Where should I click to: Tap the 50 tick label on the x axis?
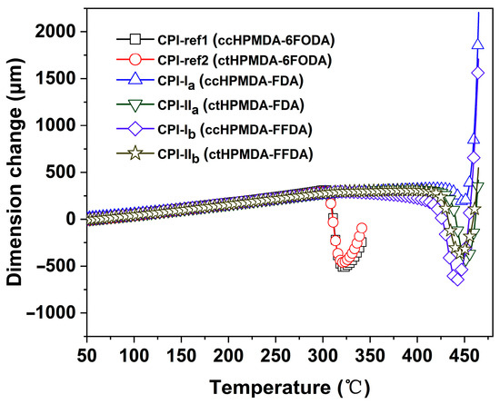coord(88,351)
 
